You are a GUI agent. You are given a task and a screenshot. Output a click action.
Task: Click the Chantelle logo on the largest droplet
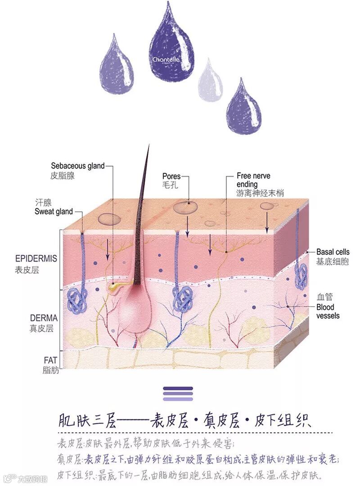[166, 60]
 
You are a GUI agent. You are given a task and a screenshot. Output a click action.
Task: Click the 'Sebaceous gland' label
[77, 166]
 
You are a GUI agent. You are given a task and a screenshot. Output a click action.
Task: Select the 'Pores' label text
[171, 176]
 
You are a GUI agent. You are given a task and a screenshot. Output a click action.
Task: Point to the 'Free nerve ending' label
[253, 180]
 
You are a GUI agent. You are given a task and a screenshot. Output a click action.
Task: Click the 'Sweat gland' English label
[54, 211]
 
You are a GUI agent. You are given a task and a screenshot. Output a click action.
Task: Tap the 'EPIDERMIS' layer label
[36, 259]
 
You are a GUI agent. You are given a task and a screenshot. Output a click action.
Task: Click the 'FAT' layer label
[50, 360]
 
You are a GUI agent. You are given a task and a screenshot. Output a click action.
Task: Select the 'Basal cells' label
[333, 252]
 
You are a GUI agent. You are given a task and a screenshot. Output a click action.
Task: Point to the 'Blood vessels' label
[328, 311]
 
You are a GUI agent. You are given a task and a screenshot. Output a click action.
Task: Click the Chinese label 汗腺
[44, 202]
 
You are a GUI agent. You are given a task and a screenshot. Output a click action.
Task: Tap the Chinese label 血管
[324, 297]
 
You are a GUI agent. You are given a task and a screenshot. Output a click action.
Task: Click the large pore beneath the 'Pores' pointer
[185, 207]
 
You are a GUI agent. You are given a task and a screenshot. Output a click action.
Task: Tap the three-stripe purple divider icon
[178, 393]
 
